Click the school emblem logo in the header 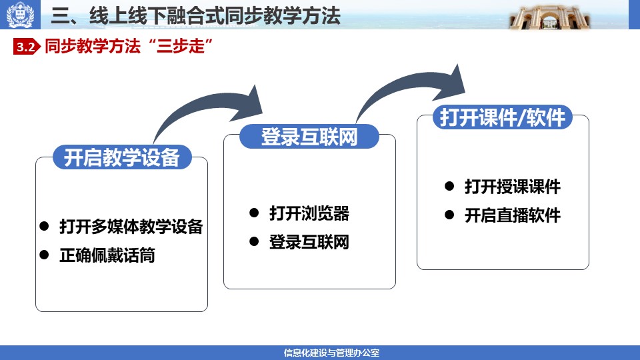[x=20, y=15]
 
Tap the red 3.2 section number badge [x=27, y=47]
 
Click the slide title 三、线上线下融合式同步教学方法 [x=195, y=15]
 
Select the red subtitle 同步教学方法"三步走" [x=129, y=46]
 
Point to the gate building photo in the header [x=549, y=16]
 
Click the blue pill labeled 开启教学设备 [x=122, y=157]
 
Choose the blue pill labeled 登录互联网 [x=309, y=136]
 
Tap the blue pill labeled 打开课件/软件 [x=503, y=117]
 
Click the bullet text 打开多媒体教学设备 [x=131, y=227]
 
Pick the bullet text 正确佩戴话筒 [x=107, y=255]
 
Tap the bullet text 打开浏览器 [x=309, y=213]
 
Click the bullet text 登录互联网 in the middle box [x=309, y=242]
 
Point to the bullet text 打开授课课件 [x=512, y=187]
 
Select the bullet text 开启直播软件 [x=512, y=215]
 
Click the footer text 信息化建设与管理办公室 [x=331, y=353]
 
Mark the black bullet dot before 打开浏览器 [x=254, y=213]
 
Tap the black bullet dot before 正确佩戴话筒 [x=44, y=255]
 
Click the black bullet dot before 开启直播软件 [x=449, y=215]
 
